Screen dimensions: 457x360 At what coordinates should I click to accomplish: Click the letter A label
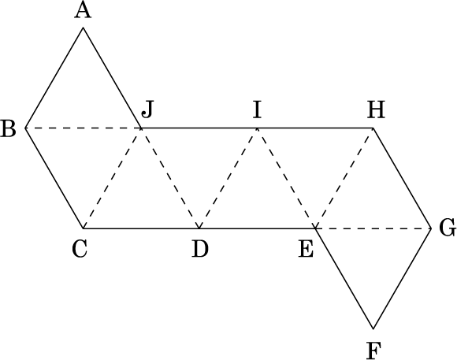click(83, 11)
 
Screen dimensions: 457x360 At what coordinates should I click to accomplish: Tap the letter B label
click(8, 128)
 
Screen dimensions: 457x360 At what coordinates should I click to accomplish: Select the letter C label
click(80, 250)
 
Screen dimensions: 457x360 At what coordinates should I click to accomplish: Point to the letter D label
click(200, 249)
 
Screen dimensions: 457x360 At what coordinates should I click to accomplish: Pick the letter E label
click(306, 250)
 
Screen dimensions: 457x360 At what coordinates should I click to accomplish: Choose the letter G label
click(448, 228)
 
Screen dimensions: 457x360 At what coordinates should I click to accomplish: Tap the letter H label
click(376, 110)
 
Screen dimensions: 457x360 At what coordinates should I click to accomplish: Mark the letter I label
click(257, 110)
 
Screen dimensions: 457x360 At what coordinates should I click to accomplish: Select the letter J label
click(147, 110)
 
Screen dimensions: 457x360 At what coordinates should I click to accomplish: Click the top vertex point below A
click(84, 28)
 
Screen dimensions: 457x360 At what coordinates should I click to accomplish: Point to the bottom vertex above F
click(373, 328)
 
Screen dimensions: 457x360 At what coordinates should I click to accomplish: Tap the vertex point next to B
click(25, 128)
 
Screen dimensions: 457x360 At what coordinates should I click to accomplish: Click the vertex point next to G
click(431, 228)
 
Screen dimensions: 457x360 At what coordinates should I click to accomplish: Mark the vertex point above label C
click(83, 228)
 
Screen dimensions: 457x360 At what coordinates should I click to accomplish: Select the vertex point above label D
click(199, 228)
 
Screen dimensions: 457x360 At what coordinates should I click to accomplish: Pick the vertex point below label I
click(257, 128)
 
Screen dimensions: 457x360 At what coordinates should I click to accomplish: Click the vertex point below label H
click(373, 128)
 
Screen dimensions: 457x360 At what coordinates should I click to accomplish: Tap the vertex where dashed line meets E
click(315, 228)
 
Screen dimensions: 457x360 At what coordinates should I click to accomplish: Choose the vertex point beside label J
click(141, 128)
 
